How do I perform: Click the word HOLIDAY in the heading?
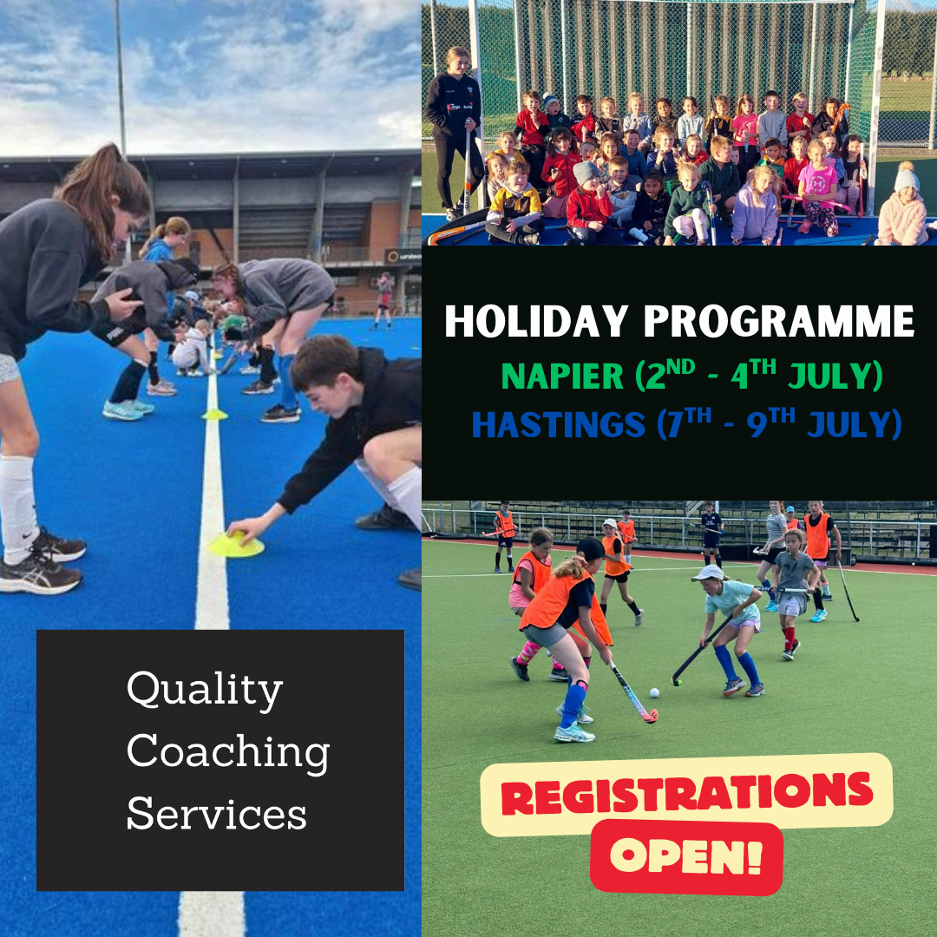(536, 322)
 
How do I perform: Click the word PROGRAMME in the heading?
(778, 322)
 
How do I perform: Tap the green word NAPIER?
(561, 377)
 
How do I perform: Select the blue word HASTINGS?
(559, 424)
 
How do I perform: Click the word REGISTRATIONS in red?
(686, 792)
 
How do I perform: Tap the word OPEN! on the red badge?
(686, 856)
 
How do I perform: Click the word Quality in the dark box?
(205, 691)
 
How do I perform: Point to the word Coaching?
(227, 753)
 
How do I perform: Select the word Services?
(216, 813)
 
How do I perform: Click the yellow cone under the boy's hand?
(236, 546)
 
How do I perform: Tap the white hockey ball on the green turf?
(654, 692)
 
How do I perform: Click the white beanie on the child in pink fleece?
(906, 178)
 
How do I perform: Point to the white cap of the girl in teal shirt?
(708, 573)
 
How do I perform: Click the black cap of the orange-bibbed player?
(592, 549)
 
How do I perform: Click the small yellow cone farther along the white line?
(214, 414)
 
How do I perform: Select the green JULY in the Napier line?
(835, 377)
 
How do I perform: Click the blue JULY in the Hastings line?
(854, 424)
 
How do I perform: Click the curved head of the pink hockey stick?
(649, 715)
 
